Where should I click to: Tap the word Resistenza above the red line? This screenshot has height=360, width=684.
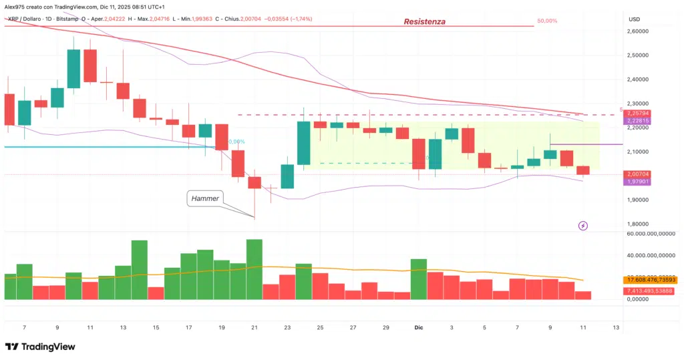[x=424, y=22]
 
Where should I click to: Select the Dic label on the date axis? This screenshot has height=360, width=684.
[x=419, y=328]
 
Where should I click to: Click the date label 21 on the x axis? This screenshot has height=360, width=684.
[x=254, y=328]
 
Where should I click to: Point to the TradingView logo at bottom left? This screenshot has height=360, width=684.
[x=40, y=347]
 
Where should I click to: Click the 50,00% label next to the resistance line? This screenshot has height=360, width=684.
[x=547, y=21]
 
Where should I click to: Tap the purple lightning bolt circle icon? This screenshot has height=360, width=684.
[x=583, y=226]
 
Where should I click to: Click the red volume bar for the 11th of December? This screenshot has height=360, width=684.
[x=583, y=295]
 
